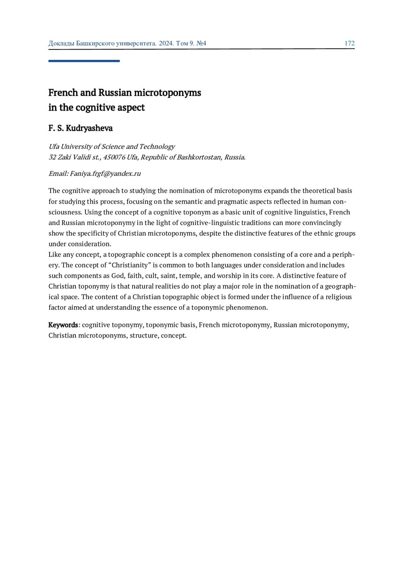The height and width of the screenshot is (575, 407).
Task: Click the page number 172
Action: click(x=349, y=43)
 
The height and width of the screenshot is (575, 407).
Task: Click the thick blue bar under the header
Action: click(x=84, y=61)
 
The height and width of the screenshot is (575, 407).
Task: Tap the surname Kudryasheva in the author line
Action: click(x=89, y=128)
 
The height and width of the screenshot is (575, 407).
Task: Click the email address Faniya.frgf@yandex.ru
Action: click(x=105, y=173)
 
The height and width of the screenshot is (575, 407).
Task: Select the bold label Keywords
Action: click(x=63, y=325)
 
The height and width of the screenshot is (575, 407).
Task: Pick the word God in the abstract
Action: click(x=118, y=275)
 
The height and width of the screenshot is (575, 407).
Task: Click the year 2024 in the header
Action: click(x=166, y=43)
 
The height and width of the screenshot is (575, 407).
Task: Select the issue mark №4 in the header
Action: click(x=201, y=43)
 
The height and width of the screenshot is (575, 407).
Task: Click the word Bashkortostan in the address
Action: click(x=199, y=157)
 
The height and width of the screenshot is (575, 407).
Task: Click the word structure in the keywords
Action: click(x=143, y=335)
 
